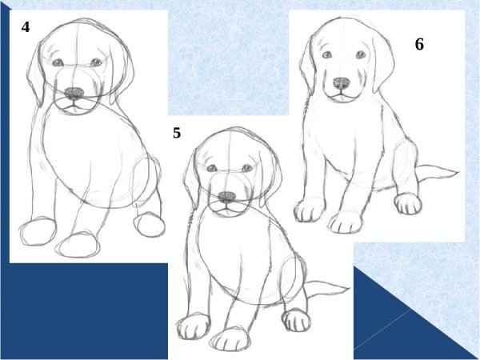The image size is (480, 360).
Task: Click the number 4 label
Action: coord(26,27)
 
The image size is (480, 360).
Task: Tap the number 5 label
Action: coord(177,133)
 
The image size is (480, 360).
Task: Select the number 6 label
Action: coord(419,44)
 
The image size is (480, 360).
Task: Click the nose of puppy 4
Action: coord(74,93)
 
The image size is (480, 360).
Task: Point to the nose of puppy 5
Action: coord(227,197)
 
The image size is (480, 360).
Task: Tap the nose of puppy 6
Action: coord(342,83)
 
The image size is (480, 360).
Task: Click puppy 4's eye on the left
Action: coord(58,62)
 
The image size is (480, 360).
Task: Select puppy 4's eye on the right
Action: coord(96,62)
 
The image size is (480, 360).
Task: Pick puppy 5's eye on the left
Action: coord(211,168)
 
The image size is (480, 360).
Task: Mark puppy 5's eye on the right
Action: coord(246,168)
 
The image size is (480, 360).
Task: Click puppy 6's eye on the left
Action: coord(327,54)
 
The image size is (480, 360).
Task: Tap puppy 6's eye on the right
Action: coord(361,54)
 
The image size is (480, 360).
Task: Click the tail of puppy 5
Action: coord(327,288)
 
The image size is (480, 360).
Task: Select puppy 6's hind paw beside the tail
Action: coord(408,203)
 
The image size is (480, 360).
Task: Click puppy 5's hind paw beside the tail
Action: coord(296,320)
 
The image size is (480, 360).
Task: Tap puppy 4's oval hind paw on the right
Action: coord(150,225)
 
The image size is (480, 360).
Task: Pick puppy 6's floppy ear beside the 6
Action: coord(383,62)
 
